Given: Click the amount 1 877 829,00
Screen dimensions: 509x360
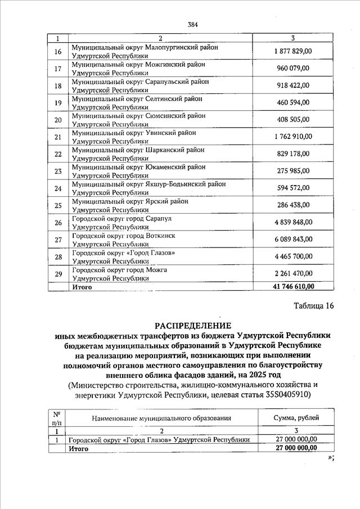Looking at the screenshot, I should click(x=293, y=52).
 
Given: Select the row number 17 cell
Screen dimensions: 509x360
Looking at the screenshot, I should click(x=57, y=69).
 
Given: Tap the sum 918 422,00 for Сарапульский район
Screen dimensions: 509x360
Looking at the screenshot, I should click(x=293, y=85).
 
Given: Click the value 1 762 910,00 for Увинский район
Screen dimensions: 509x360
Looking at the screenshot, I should click(x=293, y=136).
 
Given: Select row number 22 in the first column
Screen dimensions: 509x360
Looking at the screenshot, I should click(x=57, y=154).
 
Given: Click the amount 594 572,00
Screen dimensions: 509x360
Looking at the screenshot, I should click(x=293, y=188).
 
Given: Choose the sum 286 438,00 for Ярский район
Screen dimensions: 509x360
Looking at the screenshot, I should click(x=293, y=205).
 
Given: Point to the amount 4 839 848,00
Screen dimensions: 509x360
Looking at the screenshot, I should click(x=293, y=222).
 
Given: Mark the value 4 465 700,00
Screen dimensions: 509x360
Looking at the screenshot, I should click(x=293, y=257).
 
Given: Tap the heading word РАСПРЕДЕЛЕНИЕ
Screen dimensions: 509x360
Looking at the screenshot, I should click(x=193, y=326).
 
